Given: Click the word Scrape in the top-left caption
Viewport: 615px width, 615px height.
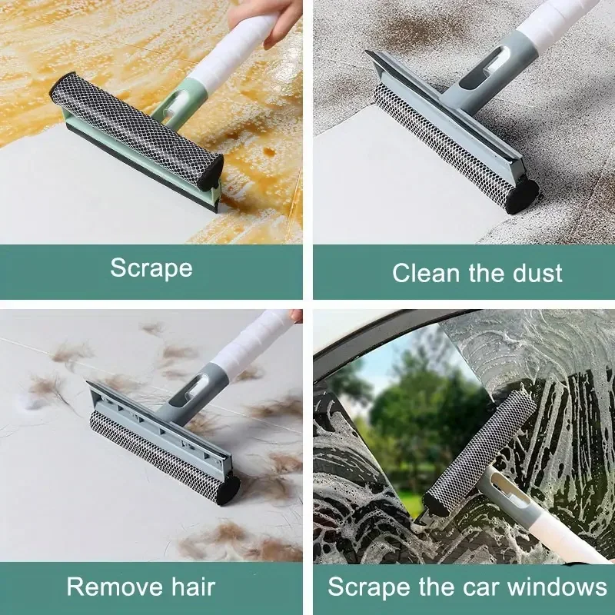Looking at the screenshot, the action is coord(151,268).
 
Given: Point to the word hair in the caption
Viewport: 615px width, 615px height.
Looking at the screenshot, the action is coord(194,587).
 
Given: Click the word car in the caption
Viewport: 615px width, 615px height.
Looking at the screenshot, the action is coord(481,587).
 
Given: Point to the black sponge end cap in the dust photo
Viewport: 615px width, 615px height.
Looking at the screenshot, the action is coord(521,197).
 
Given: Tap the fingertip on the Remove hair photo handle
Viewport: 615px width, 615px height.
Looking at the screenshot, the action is coord(297,315).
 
